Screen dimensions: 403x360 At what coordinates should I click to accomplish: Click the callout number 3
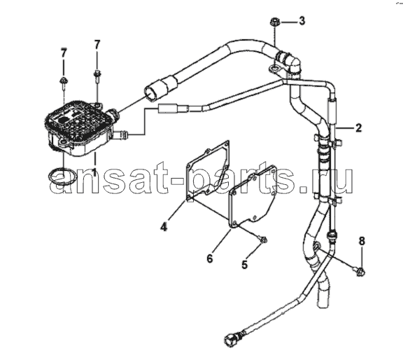click(302, 20)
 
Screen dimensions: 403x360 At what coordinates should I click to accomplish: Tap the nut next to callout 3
click(274, 22)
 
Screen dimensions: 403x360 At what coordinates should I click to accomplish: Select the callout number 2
click(359, 128)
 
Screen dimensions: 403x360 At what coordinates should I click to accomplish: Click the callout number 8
click(362, 241)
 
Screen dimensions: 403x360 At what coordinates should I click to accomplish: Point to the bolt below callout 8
click(361, 271)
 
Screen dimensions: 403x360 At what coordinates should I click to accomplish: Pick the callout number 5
click(244, 264)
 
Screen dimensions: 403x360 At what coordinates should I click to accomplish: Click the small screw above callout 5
click(262, 240)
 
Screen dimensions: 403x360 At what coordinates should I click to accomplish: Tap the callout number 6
click(210, 258)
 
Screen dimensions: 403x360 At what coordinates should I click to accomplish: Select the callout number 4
click(164, 227)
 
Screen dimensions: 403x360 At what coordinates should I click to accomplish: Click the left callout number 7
click(64, 53)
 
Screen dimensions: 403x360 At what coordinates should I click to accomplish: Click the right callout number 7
click(97, 45)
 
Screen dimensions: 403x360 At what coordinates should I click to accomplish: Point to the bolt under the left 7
click(64, 83)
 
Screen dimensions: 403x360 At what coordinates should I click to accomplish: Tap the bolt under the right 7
click(97, 76)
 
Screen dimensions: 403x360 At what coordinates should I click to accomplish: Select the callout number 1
click(94, 172)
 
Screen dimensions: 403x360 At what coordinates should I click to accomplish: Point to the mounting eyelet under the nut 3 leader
click(274, 69)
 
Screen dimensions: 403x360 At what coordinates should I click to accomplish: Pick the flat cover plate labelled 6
click(253, 198)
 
